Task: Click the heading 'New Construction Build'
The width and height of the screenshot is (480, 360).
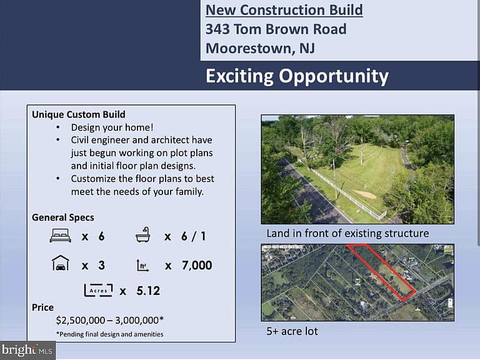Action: (x=284, y=10)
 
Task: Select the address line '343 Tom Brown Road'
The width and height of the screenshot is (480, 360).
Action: (x=276, y=29)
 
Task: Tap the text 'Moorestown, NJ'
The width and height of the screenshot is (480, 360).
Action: (x=260, y=49)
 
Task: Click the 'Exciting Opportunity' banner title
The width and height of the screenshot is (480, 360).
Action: (x=297, y=76)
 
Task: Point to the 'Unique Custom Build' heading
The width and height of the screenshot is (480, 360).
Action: (x=79, y=114)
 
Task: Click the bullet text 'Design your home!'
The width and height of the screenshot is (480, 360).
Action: (x=112, y=127)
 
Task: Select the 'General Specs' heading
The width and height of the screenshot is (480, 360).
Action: (x=63, y=217)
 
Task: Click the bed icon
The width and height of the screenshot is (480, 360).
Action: (x=61, y=236)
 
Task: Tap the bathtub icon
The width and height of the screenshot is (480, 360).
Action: (x=143, y=235)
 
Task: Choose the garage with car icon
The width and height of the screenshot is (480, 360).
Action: (x=61, y=263)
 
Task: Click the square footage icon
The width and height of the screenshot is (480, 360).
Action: (x=142, y=266)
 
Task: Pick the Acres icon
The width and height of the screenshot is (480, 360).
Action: (x=98, y=290)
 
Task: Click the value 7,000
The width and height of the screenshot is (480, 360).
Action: (x=197, y=266)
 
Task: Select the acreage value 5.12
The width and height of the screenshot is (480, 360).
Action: (x=148, y=291)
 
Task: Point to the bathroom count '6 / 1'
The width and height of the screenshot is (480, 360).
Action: (x=194, y=236)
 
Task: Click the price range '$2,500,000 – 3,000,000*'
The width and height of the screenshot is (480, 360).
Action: (x=110, y=320)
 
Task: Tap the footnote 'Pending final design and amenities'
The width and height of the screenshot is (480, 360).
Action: (x=109, y=334)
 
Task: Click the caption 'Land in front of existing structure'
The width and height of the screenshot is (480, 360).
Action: (x=347, y=233)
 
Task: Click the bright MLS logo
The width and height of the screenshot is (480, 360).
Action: (x=27, y=350)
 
